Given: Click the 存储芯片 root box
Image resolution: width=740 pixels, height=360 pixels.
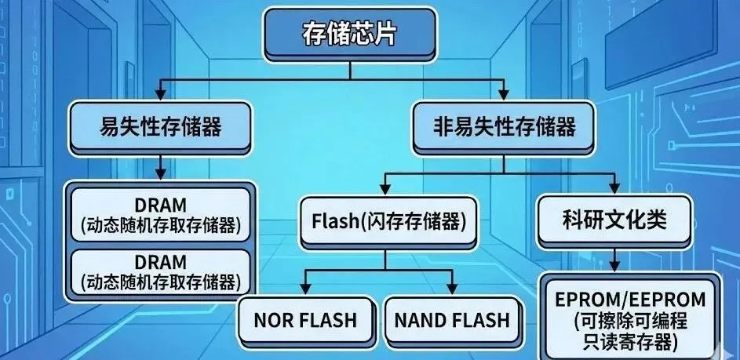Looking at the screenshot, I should click(348, 35).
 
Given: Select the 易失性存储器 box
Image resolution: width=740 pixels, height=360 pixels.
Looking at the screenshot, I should click(160, 125).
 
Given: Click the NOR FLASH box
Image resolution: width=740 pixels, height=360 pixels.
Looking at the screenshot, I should click(305, 320).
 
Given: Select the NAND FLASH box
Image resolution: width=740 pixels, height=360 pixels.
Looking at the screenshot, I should click(451, 320).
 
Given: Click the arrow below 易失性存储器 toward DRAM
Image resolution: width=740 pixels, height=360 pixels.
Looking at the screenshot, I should click(160, 166).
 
